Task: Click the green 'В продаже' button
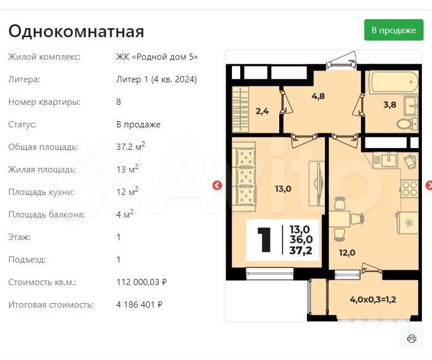[x=394, y=30]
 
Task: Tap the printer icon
[x=412, y=338]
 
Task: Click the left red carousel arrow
[x=217, y=185]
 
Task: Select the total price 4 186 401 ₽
[x=139, y=305]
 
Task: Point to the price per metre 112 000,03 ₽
[x=142, y=282]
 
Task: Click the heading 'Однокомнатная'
[x=76, y=31]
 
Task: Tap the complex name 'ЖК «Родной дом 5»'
[x=157, y=57]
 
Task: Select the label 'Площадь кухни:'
[x=41, y=192]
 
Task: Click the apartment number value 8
[x=118, y=102]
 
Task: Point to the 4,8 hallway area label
[x=318, y=96]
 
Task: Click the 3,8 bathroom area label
[x=390, y=105]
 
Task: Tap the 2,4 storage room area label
[x=262, y=111]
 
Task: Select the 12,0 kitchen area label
[x=347, y=252]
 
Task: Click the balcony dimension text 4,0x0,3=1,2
[x=373, y=300]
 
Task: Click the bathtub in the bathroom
[x=394, y=82]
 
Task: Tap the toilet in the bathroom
[x=408, y=124]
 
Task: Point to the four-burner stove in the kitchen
[x=409, y=189]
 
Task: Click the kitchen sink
[x=389, y=160]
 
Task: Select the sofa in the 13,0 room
[x=244, y=177]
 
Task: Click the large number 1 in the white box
[x=264, y=240]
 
